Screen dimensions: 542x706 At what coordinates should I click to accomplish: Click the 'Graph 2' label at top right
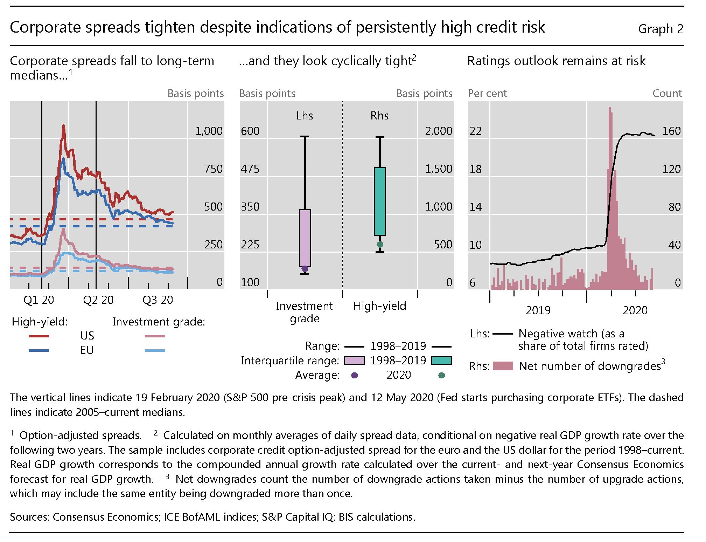[660, 29]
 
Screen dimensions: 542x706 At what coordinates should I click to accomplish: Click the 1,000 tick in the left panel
[209, 131]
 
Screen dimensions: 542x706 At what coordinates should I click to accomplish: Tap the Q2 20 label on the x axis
[98, 300]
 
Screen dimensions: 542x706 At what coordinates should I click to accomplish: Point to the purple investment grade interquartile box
[305, 238]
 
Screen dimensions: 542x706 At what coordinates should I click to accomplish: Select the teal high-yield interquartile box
[380, 201]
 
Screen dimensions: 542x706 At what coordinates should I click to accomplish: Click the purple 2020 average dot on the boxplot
[305, 269]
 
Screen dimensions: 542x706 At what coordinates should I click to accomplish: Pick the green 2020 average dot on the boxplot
[380, 245]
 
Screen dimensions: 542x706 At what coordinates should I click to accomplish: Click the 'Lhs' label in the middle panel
[305, 116]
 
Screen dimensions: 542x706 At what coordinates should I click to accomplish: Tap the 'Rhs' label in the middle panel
[379, 116]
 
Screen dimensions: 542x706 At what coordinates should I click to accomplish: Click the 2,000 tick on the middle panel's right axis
[438, 131]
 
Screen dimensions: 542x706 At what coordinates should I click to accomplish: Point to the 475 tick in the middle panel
[250, 169]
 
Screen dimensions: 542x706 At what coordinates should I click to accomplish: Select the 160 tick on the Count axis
[671, 131]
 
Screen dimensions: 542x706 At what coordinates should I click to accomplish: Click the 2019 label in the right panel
[538, 310]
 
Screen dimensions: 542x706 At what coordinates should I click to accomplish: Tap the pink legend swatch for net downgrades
[503, 366]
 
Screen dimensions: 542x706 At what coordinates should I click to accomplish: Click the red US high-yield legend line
[39, 336]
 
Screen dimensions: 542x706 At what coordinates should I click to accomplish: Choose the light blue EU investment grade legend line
[155, 350]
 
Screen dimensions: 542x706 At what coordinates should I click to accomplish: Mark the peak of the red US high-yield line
[63, 125]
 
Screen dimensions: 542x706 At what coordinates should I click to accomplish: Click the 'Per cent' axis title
[487, 94]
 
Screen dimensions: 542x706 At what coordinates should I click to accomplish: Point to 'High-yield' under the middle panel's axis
[379, 306]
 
